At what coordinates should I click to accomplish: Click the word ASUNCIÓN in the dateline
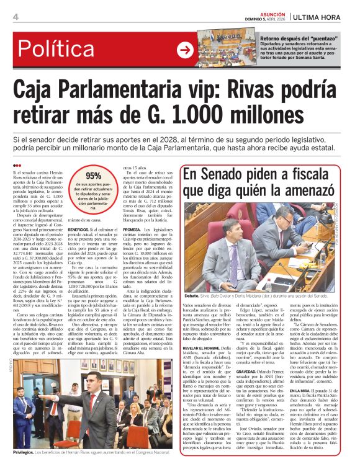point(271,12)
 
